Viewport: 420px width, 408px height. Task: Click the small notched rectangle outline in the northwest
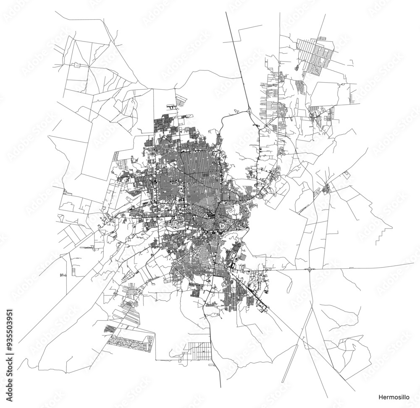[77, 65]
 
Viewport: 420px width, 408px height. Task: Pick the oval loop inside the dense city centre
[220, 227]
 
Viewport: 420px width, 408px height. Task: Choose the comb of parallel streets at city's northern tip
[180, 100]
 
